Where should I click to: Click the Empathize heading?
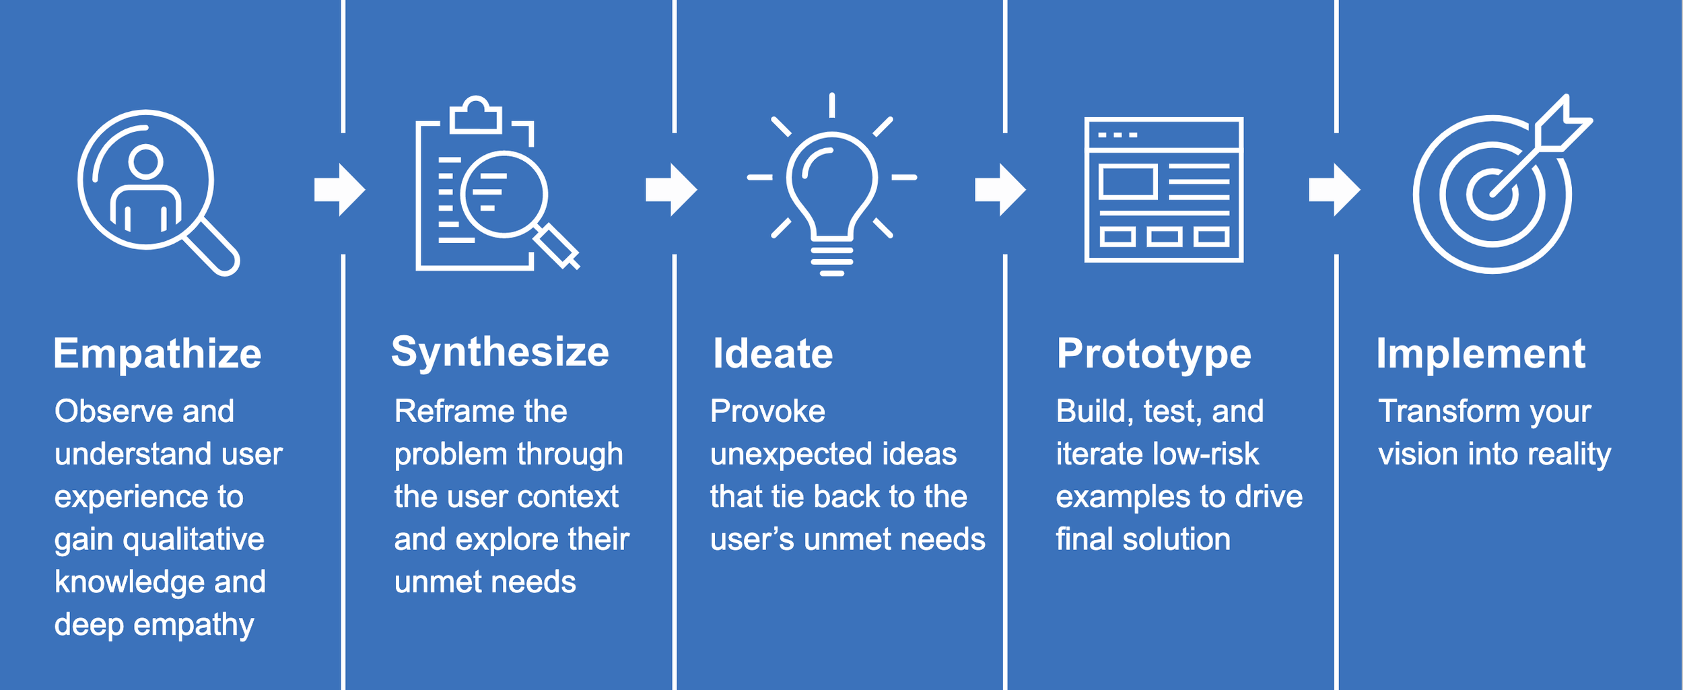tap(157, 354)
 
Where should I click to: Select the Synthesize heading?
tap(500, 352)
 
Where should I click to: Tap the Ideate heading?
tap(773, 354)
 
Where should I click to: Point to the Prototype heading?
tap(1154, 354)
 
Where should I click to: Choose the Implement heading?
tap(1480, 354)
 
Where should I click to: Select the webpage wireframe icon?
tap(1163, 190)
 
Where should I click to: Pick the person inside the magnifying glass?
tap(145, 188)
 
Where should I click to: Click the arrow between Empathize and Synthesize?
tap(339, 190)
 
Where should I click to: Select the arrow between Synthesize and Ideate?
tap(671, 190)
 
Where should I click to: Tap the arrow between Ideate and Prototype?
tap(1000, 190)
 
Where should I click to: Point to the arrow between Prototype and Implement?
tap(1334, 190)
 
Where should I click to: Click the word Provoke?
tap(767, 411)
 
